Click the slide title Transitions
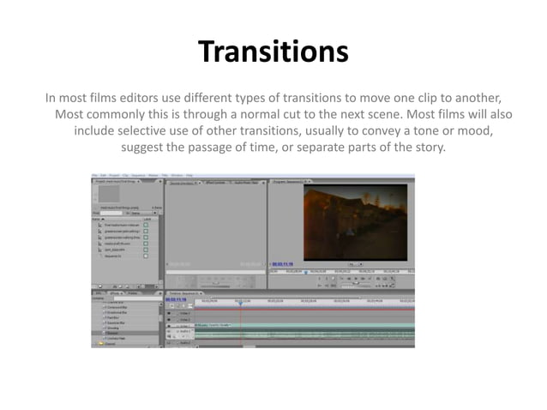coord(273,52)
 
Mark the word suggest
coord(147,149)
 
